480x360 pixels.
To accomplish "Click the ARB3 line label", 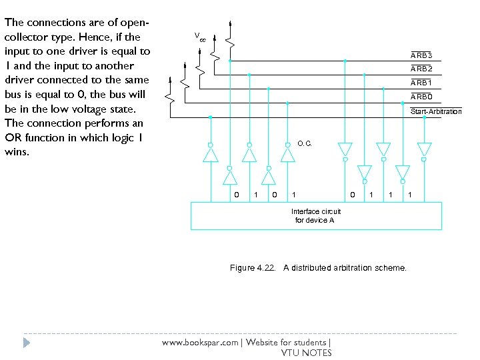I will point(421,55).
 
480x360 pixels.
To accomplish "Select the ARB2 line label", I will point(421,69).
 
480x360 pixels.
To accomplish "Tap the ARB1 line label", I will point(421,83).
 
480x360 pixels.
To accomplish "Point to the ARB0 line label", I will point(421,97).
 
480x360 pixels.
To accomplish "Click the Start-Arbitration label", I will point(436,111).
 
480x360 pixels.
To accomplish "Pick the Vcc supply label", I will point(200,35).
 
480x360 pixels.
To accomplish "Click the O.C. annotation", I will point(305,143).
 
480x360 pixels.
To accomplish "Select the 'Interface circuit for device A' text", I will point(316,215).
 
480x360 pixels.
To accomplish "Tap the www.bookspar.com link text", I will point(201,343).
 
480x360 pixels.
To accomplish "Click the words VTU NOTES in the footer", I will point(306,353).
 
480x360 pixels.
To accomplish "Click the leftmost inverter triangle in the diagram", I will point(210,155).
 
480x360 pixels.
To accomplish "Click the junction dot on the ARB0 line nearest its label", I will point(403,103).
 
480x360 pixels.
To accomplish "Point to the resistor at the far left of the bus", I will point(171,93).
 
